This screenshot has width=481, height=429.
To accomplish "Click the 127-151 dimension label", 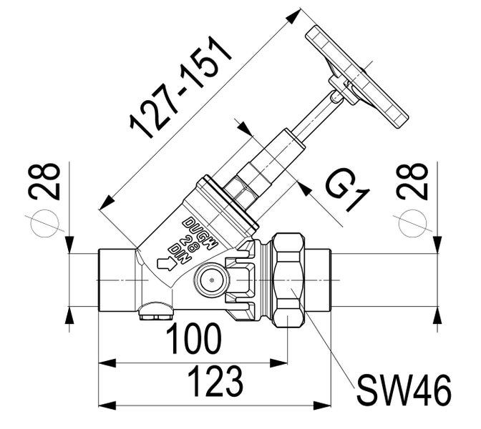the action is coord(181,87).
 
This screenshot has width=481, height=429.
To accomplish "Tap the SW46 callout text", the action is coord(404,390).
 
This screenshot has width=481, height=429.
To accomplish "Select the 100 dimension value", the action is coord(193,339).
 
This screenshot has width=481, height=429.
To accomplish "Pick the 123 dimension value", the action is coord(215,382).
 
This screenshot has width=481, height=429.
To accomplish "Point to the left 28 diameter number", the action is coord(44,181).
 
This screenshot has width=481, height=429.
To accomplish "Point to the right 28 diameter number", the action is coord(412,181).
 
